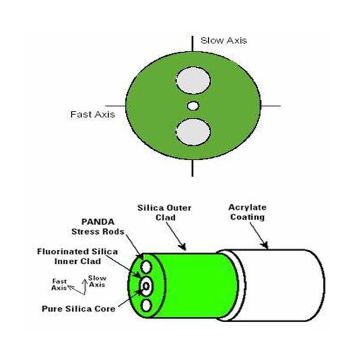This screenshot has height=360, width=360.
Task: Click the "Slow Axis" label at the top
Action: pyautogui.click(x=223, y=40)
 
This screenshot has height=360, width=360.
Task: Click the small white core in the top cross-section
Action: pyautogui.click(x=193, y=106)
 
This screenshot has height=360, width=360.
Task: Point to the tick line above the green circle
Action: pyautogui.click(x=193, y=44)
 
